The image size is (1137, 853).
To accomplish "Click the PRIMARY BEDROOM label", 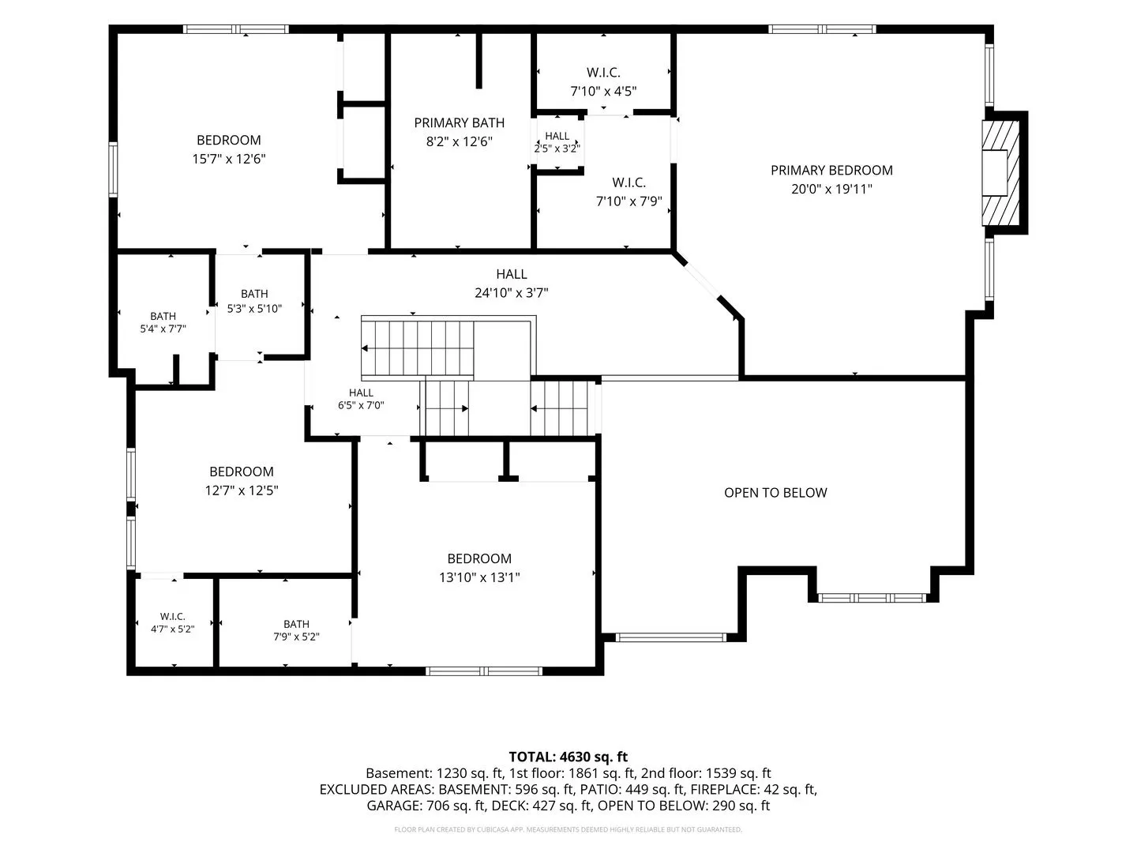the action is (x=831, y=171).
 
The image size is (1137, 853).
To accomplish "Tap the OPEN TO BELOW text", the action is (x=775, y=493).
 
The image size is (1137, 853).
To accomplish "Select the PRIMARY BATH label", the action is (x=459, y=122).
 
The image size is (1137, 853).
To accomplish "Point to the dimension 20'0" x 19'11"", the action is (x=831, y=189).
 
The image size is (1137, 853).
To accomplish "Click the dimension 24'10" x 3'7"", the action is (x=512, y=293).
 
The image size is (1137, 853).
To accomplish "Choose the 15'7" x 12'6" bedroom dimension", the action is (x=229, y=159).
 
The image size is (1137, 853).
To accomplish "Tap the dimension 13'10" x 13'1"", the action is (x=479, y=577).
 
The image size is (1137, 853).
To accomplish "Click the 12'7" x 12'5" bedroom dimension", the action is (x=242, y=490).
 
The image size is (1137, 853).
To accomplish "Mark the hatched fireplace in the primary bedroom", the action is (x=1000, y=173).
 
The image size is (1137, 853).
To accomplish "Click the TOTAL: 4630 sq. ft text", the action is (x=568, y=757).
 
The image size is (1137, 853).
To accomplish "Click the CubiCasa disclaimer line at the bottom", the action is (x=568, y=829).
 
